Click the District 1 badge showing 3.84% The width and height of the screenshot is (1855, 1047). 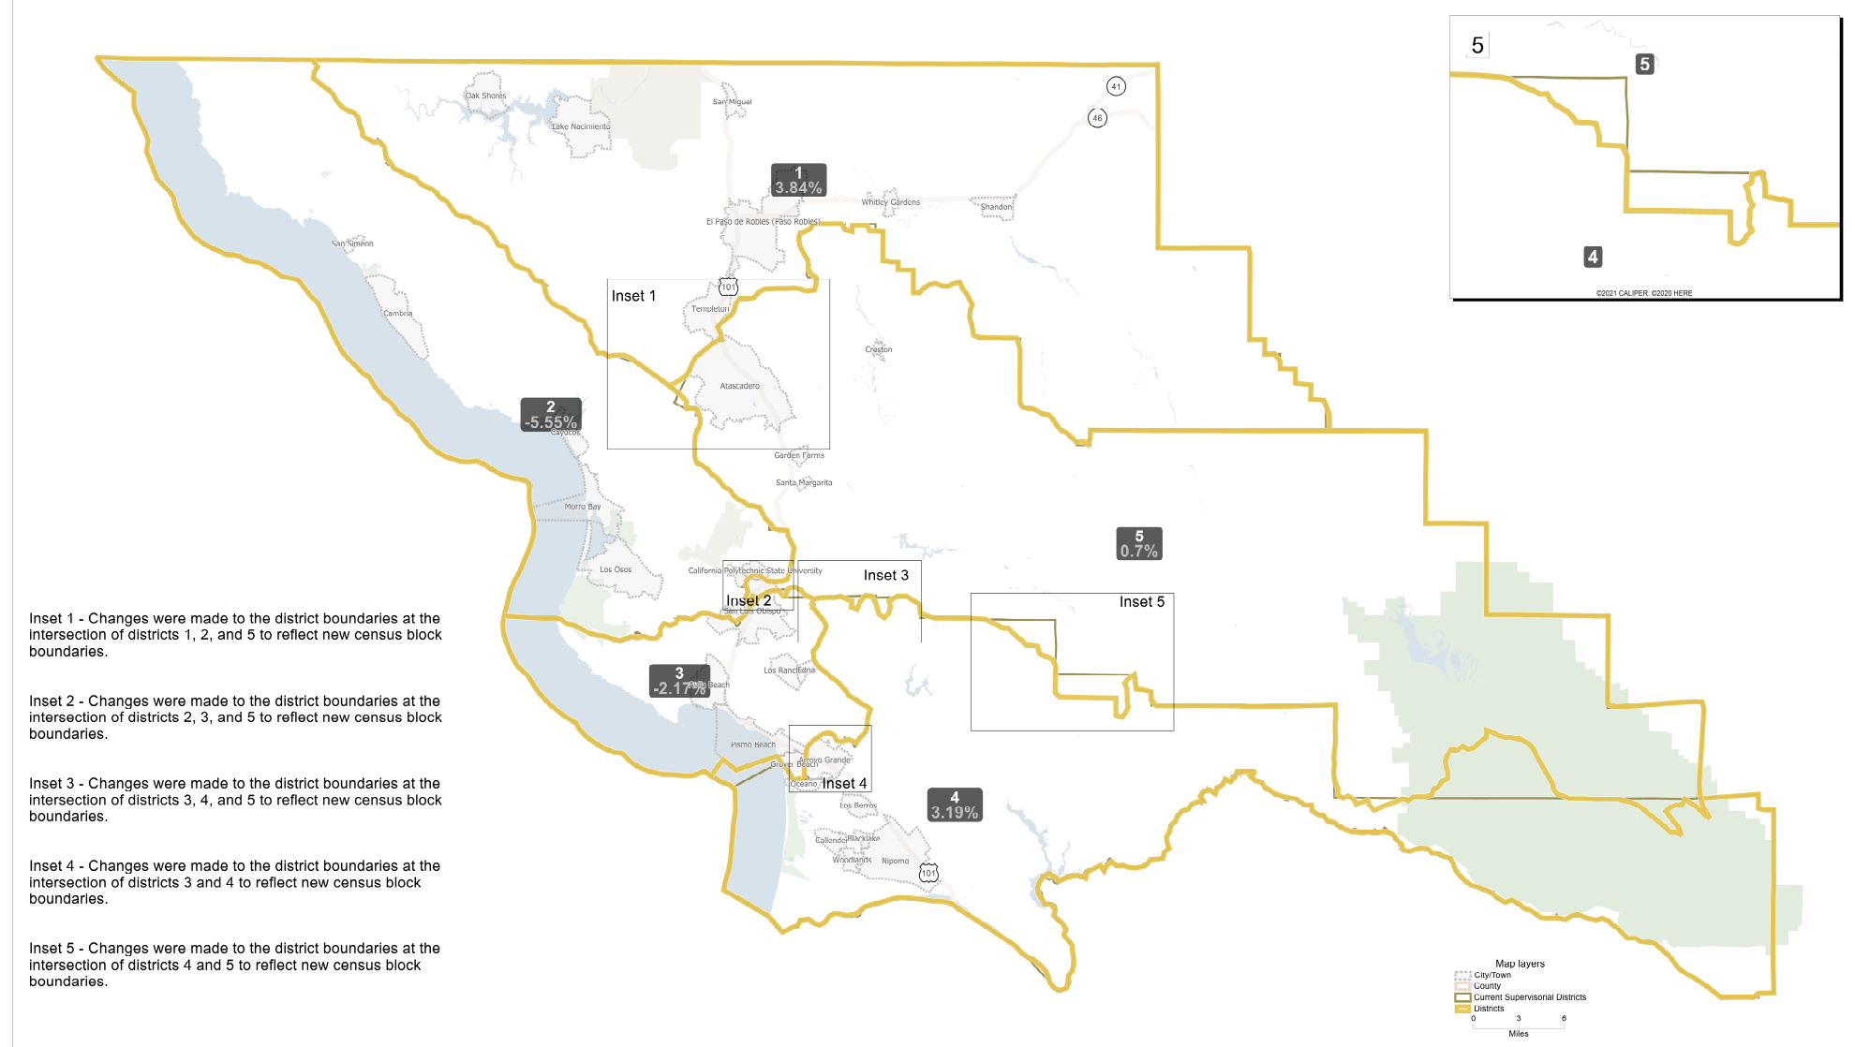(798, 181)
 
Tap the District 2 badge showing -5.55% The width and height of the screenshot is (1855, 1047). (551, 415)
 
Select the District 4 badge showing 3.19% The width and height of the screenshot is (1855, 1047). (955, 805)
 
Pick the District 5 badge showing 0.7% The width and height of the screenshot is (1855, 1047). (1139, 544)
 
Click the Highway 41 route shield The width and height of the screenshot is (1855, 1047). (1115, 86)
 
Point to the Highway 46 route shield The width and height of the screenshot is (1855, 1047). (1097, 118)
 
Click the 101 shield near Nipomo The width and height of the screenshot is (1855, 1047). (927, 873)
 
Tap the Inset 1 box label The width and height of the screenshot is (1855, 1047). (633, 296)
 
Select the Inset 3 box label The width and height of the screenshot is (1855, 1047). (885, 575)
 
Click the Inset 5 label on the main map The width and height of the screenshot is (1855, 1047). (1141, 602)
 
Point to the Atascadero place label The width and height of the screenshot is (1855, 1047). (739, 386)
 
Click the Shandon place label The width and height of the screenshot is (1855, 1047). (996, 207)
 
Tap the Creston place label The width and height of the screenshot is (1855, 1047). (878, 349)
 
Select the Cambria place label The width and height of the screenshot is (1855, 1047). (397, 314)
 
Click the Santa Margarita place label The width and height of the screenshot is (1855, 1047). (803, 483)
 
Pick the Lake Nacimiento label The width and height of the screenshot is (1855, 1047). (581, 126)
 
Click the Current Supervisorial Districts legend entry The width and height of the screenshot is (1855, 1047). (1528, 997)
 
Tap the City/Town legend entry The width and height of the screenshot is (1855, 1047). (1491, 975)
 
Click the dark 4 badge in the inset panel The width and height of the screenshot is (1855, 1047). (1593, 257)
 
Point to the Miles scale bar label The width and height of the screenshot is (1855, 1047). (1518, 1034)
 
